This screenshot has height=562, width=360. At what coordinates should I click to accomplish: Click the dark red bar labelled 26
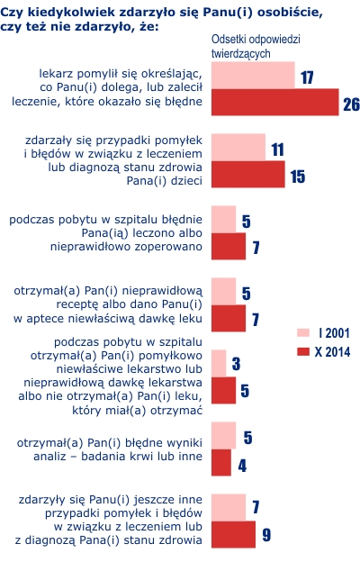274,102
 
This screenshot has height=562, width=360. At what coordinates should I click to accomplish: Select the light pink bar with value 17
253,76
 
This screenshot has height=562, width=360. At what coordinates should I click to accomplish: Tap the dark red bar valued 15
247,174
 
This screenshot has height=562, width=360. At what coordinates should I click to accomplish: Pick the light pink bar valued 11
238,148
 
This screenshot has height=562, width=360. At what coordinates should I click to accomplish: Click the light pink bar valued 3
219,364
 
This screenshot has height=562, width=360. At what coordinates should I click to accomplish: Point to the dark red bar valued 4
221,462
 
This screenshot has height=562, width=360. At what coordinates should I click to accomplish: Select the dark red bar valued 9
233,534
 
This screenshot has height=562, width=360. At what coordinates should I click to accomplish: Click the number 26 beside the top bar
351,104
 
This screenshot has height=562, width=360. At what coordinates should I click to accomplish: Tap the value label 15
298,177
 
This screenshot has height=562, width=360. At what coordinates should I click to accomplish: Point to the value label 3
236,364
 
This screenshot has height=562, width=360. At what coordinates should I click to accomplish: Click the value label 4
242,466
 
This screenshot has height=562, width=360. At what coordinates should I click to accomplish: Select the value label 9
266,535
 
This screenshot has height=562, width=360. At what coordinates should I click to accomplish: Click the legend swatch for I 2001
303,332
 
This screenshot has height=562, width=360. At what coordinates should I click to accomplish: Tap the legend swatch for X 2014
303,351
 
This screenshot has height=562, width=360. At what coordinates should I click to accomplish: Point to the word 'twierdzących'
240,54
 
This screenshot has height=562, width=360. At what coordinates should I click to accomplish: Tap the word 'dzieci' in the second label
186,181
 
